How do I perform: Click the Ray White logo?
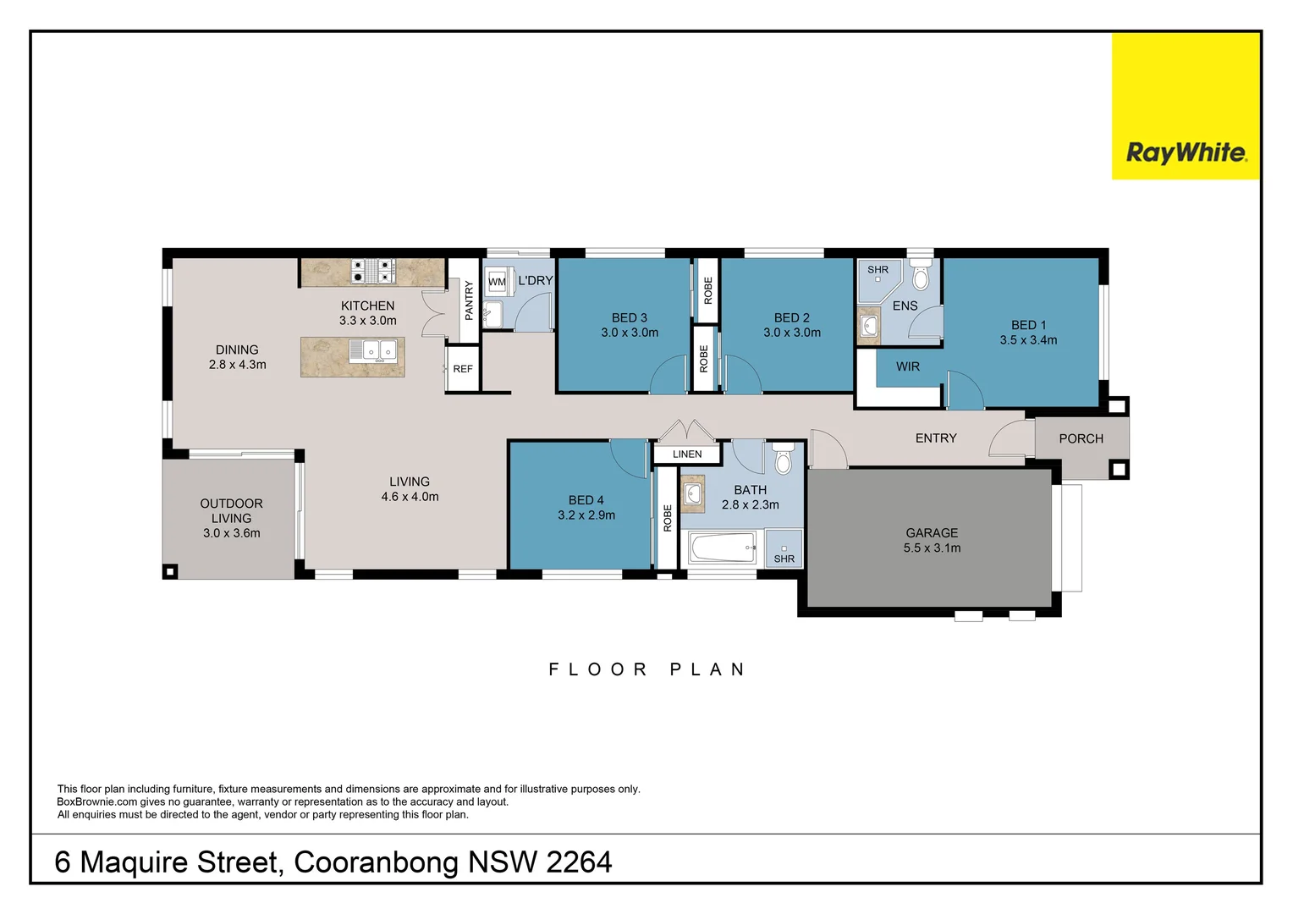click(x=1186, y=152)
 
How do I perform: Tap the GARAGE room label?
click(x=932, y=533)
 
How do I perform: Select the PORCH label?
click(x=1081, y=438)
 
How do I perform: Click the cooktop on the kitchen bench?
click(x=373, y=271)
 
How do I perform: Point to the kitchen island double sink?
click(x=374, y=350)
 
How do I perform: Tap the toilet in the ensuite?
click(x=921, y=276)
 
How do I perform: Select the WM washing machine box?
click(x=497, y=282)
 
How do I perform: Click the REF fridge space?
click(x=463, y=369)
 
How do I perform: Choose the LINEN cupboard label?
click(x=687, y=454)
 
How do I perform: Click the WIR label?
click(x=907, y=366)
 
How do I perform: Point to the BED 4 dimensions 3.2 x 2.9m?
click(x=586, y=515)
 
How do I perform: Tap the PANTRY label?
click(x=469, y=300)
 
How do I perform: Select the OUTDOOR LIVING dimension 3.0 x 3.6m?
click(x=231, y=533)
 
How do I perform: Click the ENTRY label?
click(x=936, y=438)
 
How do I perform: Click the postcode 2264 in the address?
click(x=579, y=862)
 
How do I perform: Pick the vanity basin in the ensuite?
click(x=869, y=326)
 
